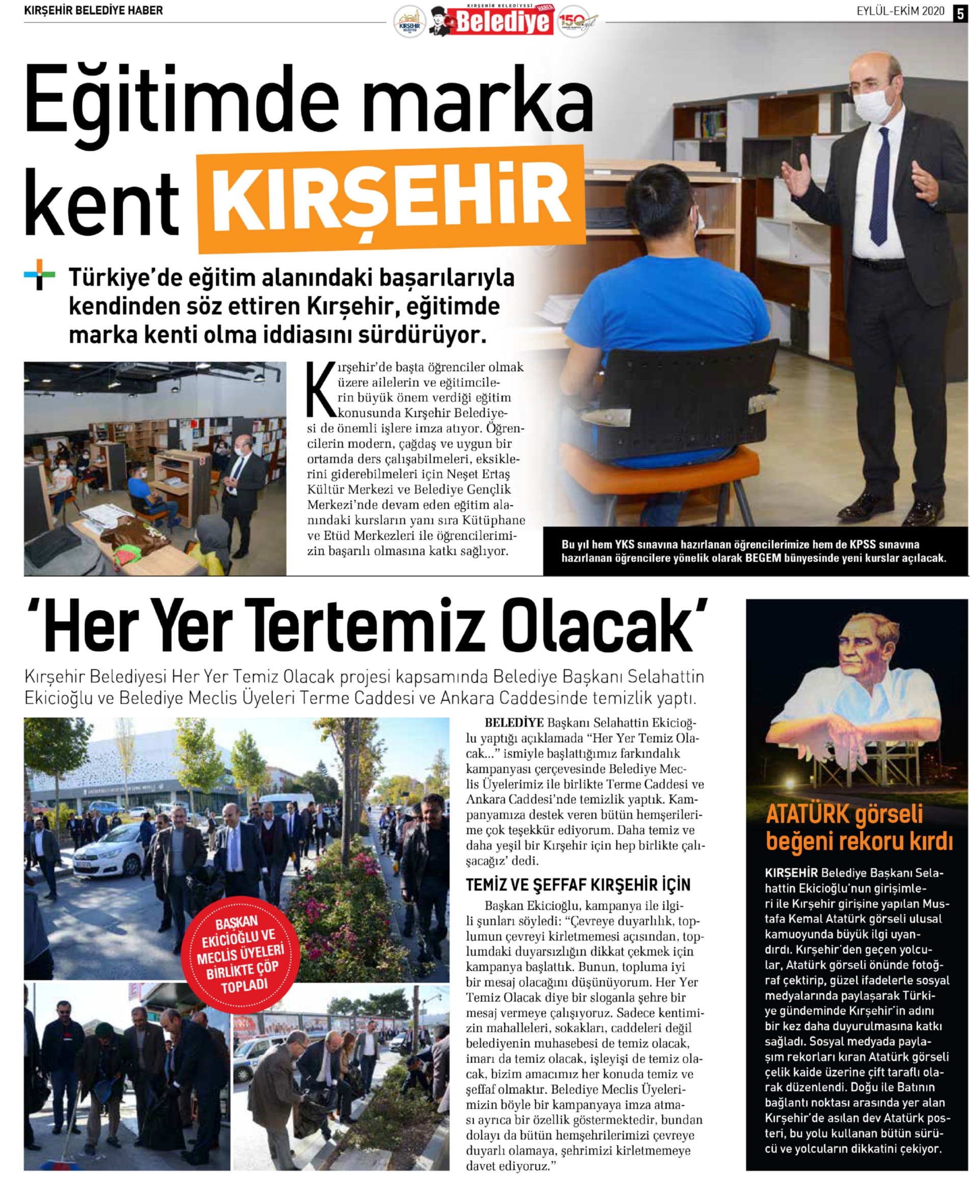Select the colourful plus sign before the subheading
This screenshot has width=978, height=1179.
[x=39, y=274]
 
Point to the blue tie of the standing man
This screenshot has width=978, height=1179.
[x=880, y=185]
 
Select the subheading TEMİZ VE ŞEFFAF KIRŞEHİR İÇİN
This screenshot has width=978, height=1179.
[x=578, y=885]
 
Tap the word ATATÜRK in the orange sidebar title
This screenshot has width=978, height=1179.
[x=812, y=814]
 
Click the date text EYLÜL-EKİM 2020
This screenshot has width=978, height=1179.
[x=900, y=11]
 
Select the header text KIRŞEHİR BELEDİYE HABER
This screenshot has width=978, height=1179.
[x=93, y=11]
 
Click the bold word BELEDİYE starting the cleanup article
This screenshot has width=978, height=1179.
[x=513, y=723]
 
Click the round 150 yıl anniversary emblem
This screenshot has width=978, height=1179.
[x=574, y=21]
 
